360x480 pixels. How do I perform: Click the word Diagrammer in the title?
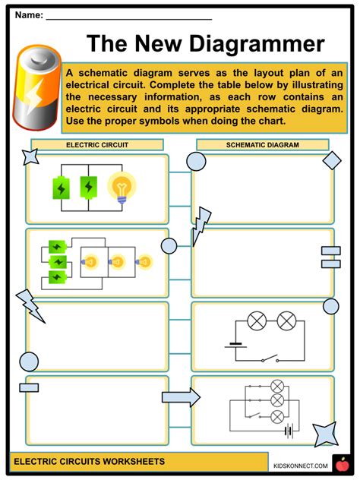pos(257,44)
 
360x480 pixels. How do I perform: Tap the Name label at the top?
pos(29,14)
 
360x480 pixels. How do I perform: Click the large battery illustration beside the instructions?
pos(36,87)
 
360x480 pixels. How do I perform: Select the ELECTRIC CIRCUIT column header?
pos(97,145)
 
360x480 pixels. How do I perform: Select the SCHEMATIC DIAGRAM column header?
pos(263,145)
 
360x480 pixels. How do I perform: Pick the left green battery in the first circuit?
pos(61,188)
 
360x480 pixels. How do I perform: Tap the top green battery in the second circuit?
pos(57,246)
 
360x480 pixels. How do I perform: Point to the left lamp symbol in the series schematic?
pos(257,321)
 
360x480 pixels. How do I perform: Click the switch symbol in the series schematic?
pos(270,358)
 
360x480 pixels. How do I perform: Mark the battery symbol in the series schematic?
pos(235,346)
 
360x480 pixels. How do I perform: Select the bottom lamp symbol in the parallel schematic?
pos(277,417)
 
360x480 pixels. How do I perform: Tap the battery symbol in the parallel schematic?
pos(289,431)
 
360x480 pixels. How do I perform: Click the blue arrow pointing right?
pos(181,397)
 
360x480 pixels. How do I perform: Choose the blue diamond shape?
pos(332,160)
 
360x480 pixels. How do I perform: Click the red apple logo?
pos(343,465)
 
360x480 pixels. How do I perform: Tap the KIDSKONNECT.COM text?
pos(300,466)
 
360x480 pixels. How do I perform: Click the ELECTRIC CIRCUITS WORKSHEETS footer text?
pos(89,461)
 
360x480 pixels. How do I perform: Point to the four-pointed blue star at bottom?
pos(326,434)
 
